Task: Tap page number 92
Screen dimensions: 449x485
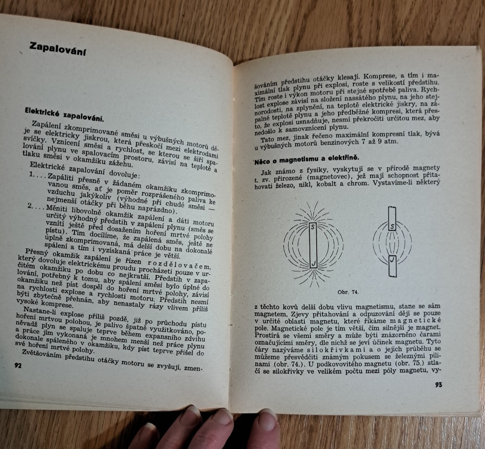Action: pyautogui.click(x=18, y=365)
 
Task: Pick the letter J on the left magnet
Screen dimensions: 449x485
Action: pyautogui.click(x=313, y=260)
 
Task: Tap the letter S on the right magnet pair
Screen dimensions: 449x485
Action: pyautogui.click(x=392, y=227)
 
